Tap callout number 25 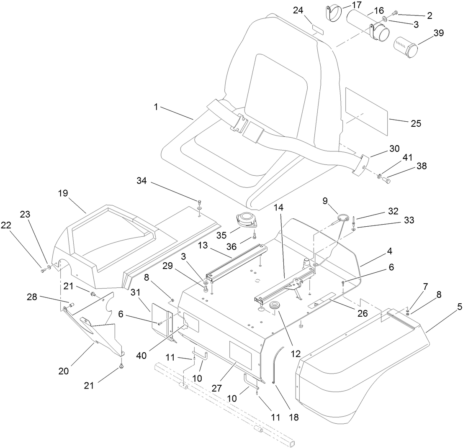point(416,123)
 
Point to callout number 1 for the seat point(156,107)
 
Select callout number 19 point(62,193)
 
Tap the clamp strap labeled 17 point(334,11)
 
